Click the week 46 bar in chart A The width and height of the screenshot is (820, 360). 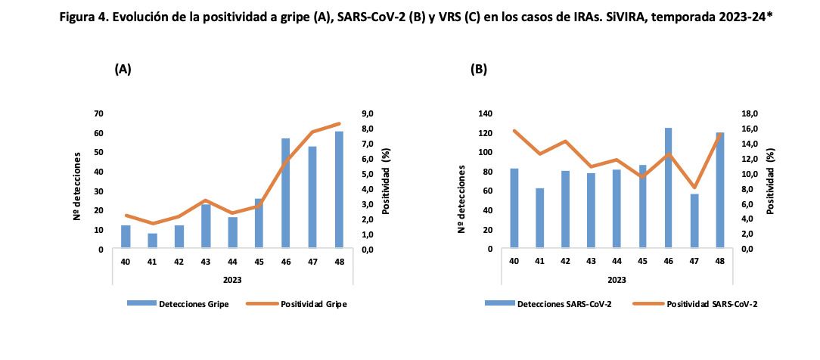[x=286, y=194]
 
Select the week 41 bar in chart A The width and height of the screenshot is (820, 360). [x=152, y=241]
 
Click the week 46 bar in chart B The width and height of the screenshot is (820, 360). [x=668, y=188]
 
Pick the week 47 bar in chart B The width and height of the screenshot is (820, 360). [x=694, y=222]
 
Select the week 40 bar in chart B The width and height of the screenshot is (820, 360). [x=514, y=209]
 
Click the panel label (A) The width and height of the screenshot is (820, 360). [x=123, y=69]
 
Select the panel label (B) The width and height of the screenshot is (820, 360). [x=479, y=69]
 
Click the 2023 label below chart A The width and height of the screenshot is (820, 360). [x=231, y=279]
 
